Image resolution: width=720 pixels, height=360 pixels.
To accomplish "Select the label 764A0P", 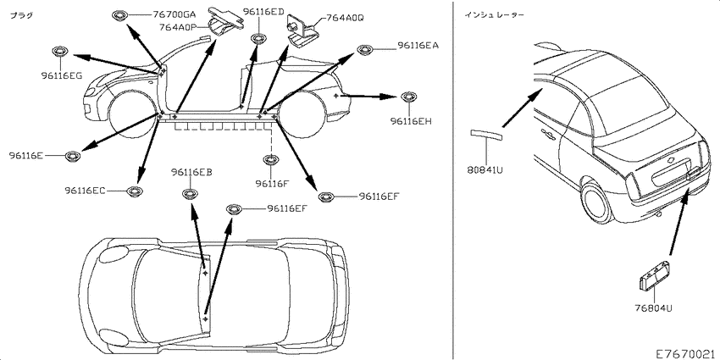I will tap(177, 26).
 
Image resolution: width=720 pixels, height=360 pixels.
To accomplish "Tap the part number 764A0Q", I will tap(345, 17).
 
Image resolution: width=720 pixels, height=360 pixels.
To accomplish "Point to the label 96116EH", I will tap(411, 121).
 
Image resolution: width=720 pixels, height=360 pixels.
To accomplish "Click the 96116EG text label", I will tap(58, 76).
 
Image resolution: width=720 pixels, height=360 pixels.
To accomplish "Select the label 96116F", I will tap(272, 183).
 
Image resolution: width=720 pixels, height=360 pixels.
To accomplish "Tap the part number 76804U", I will tap(652, 308).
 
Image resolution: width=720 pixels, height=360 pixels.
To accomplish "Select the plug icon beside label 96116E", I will tap(74, 155).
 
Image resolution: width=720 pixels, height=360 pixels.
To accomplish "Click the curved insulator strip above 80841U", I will tap(487, 134).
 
